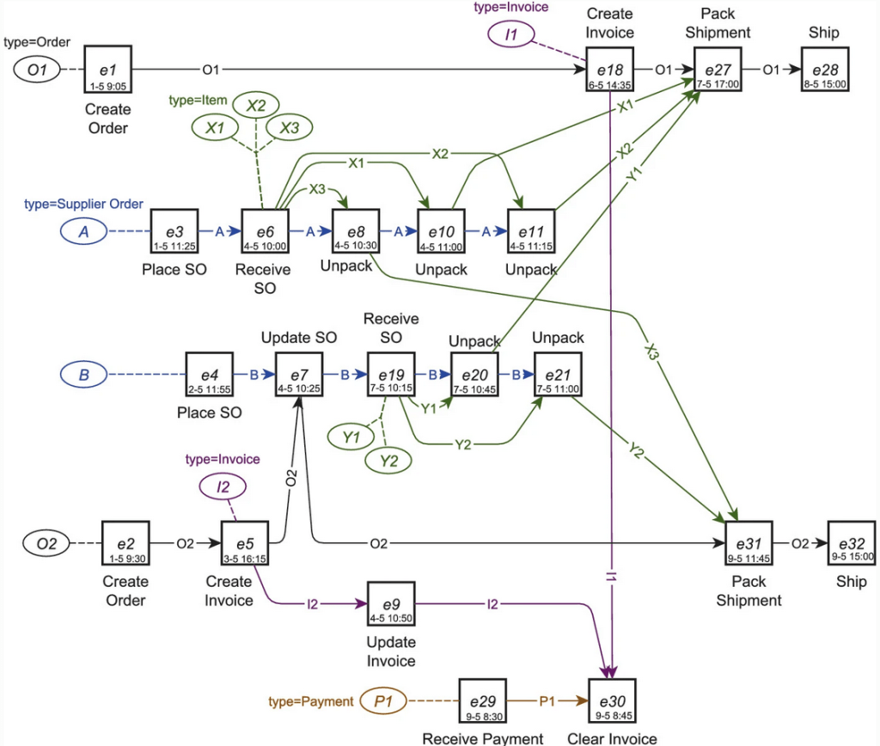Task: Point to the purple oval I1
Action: tap(510, 35)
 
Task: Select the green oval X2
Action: tap(256, 106)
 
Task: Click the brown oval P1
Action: tap(383, 701)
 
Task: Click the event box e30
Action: tap(612, 702)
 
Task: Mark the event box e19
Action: tap(391, 376)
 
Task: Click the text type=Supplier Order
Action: tap(84, 205)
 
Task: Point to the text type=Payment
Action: tap(310, 701)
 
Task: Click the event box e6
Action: tap(265, 232)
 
